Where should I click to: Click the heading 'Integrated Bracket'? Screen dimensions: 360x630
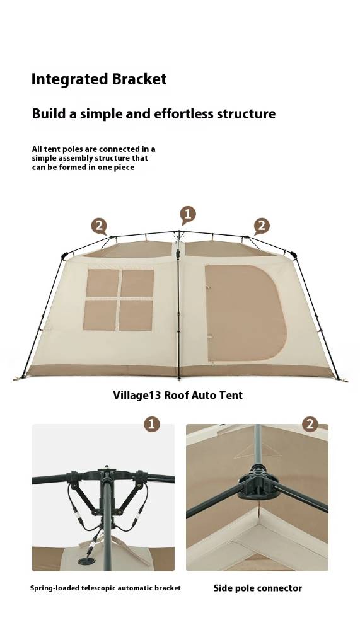click(x=99, y=79)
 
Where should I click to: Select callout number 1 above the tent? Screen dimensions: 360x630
click(x=188, y=214)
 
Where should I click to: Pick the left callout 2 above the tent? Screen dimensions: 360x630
click(x=99, y=227)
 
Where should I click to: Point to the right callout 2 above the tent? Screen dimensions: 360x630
click(x=262, y=227)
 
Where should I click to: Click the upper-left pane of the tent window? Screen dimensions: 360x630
click(x=103, y=283)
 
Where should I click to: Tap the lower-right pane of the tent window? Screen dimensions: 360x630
click(x=136, y=316)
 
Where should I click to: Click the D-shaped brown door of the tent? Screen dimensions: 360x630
click(x=245, y=312)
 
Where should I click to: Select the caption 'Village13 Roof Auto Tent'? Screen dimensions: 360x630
click(x=178, y=396)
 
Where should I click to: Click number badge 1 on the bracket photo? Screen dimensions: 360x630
click(x=152, y=424)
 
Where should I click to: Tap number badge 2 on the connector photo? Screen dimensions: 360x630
click(x=310, y=424)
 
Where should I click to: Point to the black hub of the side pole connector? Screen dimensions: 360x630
click(x=258, y=483)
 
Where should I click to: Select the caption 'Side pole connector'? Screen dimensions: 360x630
click(x=258, y=588)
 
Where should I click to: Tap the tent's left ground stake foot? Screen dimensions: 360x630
click(x=20, y=378)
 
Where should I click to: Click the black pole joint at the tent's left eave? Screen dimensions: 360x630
click(x=64, y=256)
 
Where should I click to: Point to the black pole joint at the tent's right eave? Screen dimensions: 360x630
click(x=293, y=255)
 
